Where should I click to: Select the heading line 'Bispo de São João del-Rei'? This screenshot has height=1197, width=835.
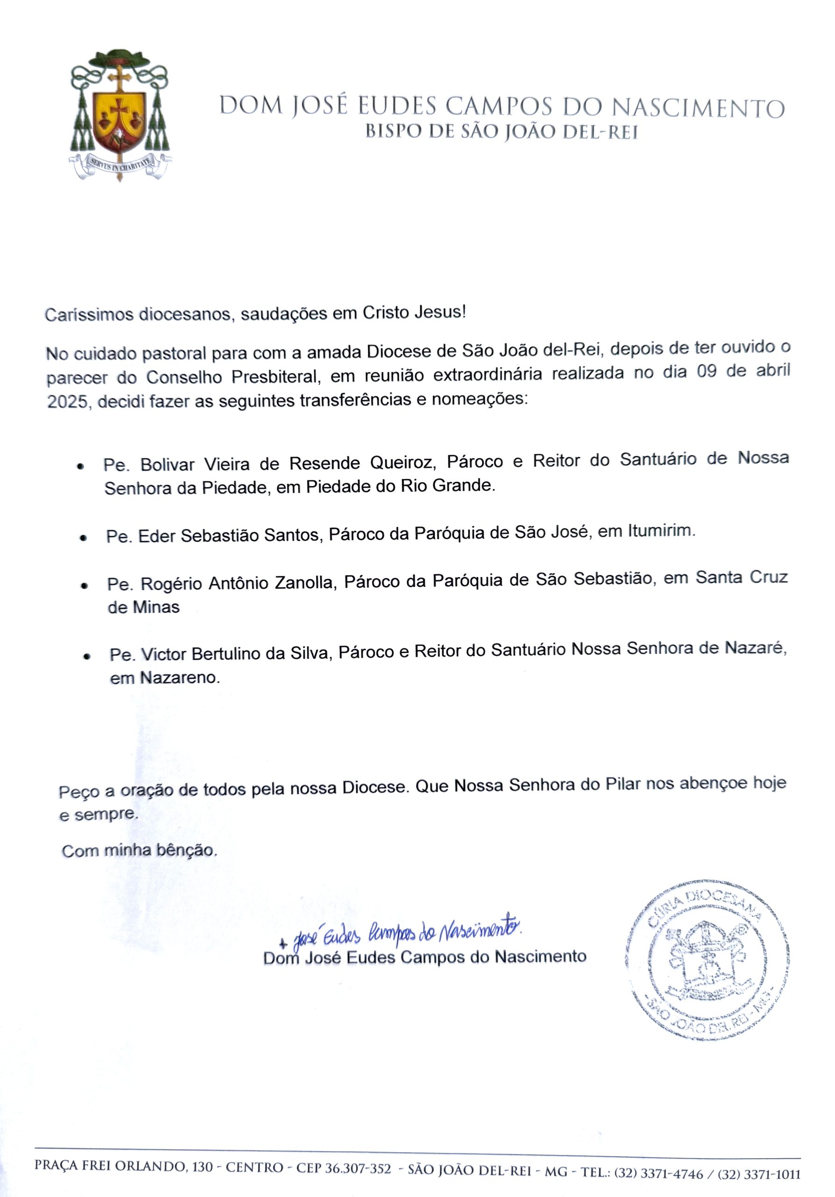tap(501, 132)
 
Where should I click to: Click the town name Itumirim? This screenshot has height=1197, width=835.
tap(662, 531)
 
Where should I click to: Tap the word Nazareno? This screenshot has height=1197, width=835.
tap(178, 678)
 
